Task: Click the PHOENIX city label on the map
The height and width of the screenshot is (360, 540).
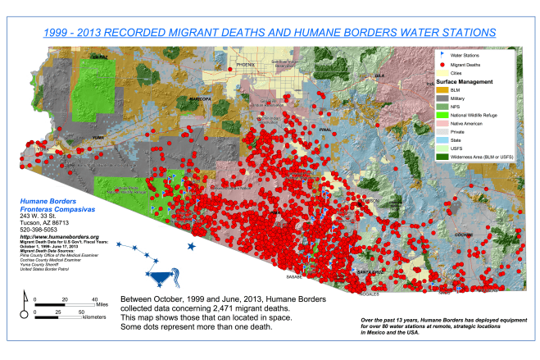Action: point(246,64)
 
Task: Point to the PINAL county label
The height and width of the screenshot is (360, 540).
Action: point(326,129)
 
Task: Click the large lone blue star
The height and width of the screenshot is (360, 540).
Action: point(192,246)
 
